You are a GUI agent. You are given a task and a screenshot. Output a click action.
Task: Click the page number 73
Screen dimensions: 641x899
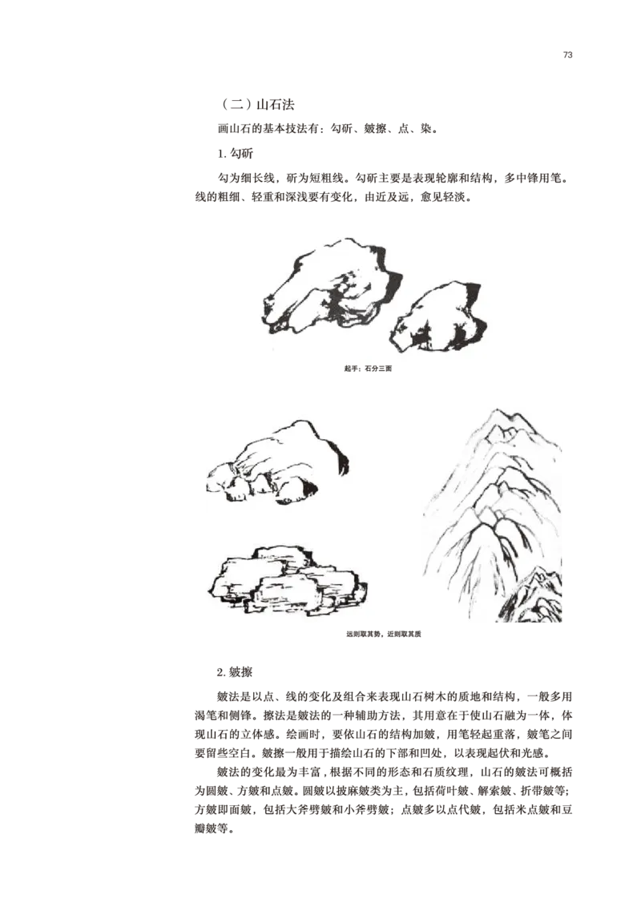coord(567,55)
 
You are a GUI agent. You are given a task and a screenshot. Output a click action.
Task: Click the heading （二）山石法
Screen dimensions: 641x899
coord(257,105)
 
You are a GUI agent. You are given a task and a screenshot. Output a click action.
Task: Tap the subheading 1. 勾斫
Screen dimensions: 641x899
coord(235,154)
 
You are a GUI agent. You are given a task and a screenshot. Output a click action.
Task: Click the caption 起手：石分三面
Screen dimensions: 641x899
coord(368,368)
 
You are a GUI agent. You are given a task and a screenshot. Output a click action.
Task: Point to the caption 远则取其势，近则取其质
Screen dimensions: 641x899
coord(384,635)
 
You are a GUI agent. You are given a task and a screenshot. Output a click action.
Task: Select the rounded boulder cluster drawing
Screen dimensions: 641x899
coord(277,462)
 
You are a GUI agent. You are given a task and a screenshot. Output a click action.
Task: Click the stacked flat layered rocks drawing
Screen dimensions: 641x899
coord(287,580)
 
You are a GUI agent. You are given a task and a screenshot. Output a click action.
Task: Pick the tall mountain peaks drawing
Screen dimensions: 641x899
coord(493,515)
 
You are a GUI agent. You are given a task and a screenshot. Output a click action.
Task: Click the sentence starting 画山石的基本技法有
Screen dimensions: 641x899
coord(329,129)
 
